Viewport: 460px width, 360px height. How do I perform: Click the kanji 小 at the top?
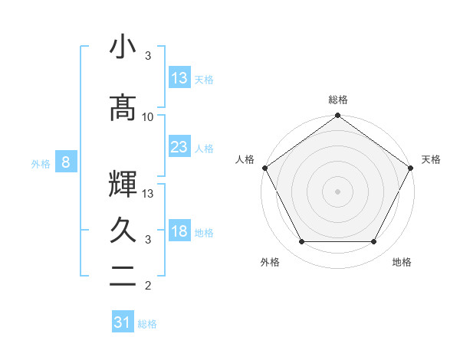123,47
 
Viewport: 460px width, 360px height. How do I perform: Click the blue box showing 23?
179,147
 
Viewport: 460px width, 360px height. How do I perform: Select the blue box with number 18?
179,232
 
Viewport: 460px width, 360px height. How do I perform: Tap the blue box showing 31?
123,322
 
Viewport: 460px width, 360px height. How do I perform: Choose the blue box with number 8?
66,162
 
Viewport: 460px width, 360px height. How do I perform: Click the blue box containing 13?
179,78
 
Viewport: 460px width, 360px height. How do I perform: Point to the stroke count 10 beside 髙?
148,116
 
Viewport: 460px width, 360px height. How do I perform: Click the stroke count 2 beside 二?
148,286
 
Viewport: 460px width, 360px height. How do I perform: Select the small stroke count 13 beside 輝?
148,193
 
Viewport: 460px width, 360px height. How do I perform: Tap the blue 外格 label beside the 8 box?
40,163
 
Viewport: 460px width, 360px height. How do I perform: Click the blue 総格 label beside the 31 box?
147,324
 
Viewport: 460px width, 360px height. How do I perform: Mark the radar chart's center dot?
337,191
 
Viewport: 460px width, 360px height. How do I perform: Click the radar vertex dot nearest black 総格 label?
337,116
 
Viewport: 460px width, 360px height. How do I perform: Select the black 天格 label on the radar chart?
431,159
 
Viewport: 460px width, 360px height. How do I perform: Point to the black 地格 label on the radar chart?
402,262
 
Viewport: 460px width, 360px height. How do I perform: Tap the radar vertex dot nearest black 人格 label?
264,168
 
